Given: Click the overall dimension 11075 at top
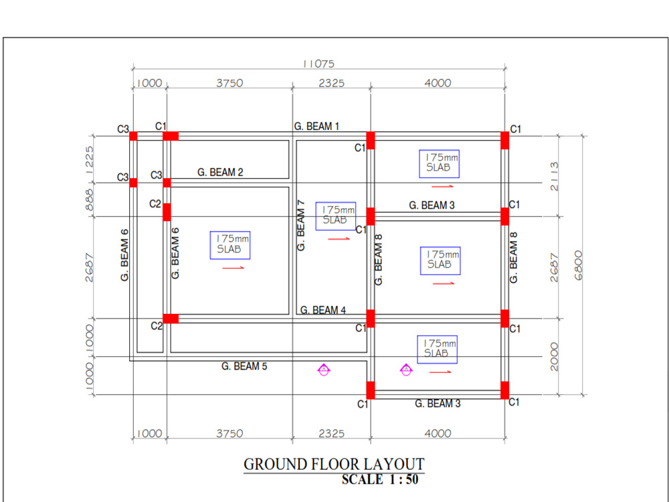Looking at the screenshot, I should [318, 64].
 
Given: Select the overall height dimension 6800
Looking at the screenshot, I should [578, 265].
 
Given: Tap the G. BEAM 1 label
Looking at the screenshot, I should [317, 127].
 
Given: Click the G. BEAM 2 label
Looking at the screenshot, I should [220, 173].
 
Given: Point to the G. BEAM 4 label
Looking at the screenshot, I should [322, 310].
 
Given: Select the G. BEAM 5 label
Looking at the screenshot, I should [244, 366].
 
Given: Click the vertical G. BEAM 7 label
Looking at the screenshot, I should [301, 226].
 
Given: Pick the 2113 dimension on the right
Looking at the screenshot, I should [553, 175].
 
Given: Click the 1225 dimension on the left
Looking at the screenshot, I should [90, 159].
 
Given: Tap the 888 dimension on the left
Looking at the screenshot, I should [90, 199].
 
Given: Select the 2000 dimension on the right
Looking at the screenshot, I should [553, 357].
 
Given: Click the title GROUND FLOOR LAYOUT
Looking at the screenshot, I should [333, 464].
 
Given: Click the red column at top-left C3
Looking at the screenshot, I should [133, 136].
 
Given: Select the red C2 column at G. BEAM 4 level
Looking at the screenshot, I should [171, 319].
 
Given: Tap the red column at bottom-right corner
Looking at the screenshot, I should [505, 390].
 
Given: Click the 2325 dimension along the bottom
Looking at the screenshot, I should [330, 434].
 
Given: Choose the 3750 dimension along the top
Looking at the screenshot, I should [229, 83].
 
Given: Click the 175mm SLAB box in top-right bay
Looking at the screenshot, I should [439, 163].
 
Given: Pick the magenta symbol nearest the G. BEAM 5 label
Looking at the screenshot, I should [323, 369].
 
